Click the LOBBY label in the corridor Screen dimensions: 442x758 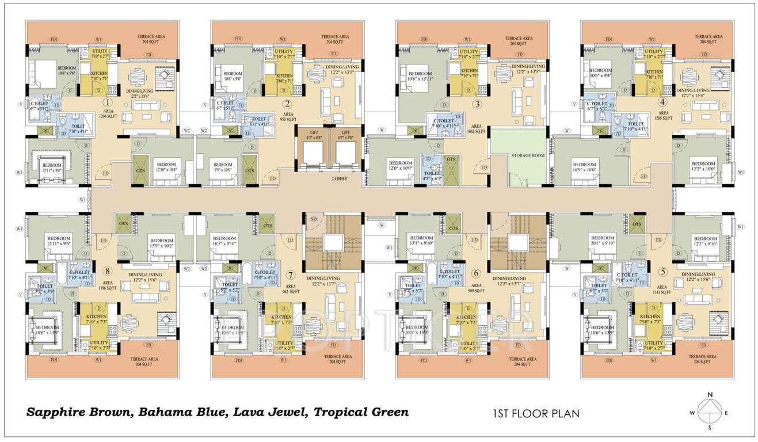[340, 179]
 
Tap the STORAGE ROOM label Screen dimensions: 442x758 [517, 155]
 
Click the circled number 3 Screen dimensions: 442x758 [477, 104]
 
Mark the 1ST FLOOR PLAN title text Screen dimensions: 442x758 [535, 413]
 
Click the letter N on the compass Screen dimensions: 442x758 [710, 394]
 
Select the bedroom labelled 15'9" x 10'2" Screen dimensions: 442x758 [161, 243]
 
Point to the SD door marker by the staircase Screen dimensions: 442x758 [314, 219]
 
